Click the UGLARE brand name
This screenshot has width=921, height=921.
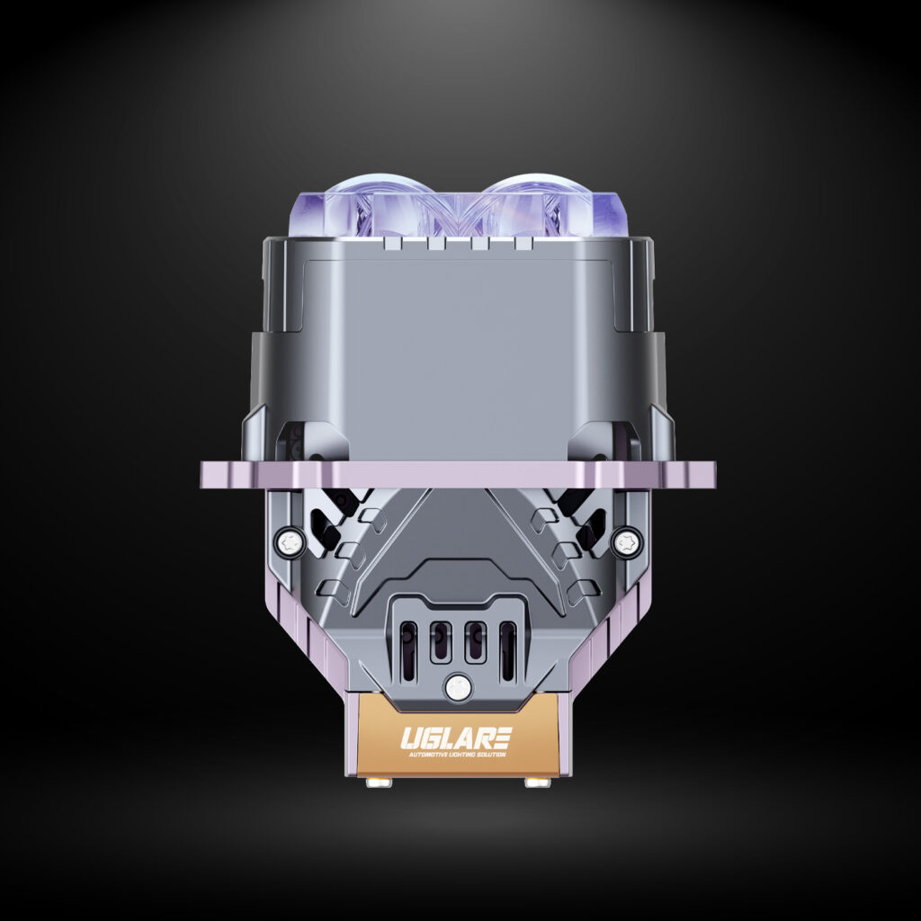tap(455, 738)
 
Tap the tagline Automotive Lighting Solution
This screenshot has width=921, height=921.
tap(455, 754)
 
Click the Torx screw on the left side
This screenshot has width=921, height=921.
tap(289, 541)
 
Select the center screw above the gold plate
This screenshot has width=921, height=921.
tap(456, 686)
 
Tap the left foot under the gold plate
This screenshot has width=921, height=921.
tap(379, 782)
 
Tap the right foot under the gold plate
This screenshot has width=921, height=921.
tap(538, 782)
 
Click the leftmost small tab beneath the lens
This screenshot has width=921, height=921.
tap(390, 242)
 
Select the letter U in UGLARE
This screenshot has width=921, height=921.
tap(410, 738)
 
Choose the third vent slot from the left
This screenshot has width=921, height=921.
tap(474, 641)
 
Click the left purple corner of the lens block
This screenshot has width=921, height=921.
tap(300, 215)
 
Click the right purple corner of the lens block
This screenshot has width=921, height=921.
tap(614, 215)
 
